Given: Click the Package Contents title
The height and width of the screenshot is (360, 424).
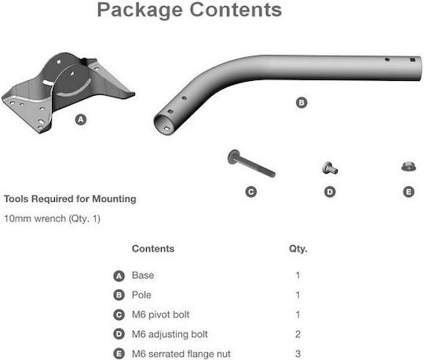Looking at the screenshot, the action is click(189, 10).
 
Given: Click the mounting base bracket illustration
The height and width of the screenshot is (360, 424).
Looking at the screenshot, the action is click(68, 92).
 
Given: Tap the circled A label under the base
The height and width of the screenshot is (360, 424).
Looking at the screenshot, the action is click(81, 119).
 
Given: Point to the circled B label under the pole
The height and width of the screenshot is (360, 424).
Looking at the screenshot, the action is click(302, 103).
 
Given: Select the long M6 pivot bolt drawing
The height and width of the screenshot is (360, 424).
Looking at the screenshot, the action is click(251, 163).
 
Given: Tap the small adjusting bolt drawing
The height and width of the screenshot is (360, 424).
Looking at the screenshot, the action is click(330, 168).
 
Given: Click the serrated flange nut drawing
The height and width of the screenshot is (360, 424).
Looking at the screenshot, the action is click(408, 166).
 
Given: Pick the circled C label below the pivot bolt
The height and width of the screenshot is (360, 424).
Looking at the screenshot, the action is click(251, 192).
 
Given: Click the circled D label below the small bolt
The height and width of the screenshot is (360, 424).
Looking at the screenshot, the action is click(330, 192).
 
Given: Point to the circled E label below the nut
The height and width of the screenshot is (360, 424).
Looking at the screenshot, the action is click(408, 192).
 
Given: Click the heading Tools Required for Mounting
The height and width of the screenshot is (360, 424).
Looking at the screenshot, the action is click(70, 199).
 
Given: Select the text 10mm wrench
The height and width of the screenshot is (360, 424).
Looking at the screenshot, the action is click(35, 219).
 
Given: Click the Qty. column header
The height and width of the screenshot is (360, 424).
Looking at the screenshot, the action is click(298, 249).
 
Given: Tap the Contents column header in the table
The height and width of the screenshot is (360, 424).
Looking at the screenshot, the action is click(153, 248).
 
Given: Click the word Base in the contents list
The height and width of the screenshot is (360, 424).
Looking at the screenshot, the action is click(143, 275).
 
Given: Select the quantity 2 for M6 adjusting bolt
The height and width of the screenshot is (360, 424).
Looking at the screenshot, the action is click(298, 334).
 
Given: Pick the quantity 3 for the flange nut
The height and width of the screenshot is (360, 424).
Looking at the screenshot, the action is click(298, 354).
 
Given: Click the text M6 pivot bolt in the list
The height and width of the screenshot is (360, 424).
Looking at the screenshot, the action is click(161, 314).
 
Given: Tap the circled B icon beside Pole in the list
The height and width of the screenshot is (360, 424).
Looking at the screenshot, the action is click(119, 295).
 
